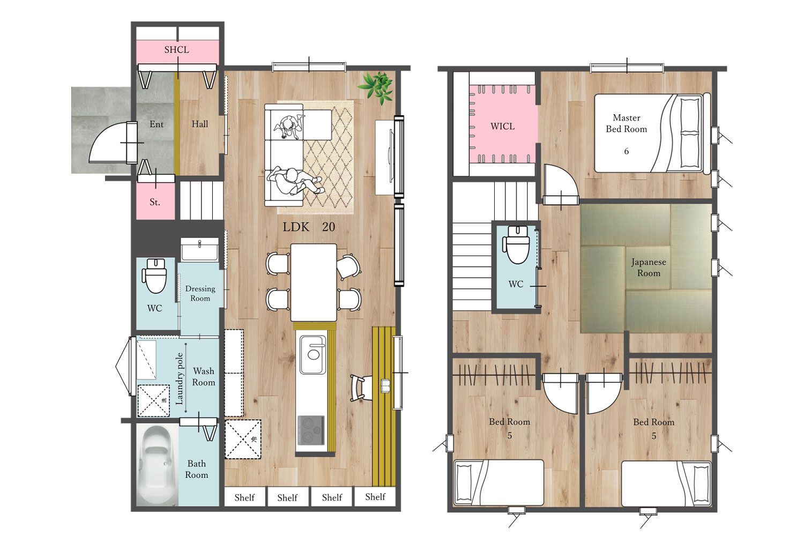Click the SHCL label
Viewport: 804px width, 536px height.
[176, 49]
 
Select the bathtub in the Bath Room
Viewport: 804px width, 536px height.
[157, 465]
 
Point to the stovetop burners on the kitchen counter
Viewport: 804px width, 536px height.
[311, 430]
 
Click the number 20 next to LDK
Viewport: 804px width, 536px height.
[329, 227]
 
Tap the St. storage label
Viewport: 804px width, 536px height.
[155, 202]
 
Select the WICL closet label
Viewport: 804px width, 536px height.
[503, 126]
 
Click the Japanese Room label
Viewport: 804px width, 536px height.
[649, 267]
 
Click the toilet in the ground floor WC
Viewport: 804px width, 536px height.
[155, 276]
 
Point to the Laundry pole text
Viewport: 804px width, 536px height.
[180, 379]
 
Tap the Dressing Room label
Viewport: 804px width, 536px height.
[200, 293]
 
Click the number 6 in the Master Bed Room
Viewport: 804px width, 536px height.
[627, 151]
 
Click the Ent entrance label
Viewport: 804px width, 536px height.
[157, 124]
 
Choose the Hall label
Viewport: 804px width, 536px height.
[199, 124]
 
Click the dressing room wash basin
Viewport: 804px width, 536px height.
[199, 249]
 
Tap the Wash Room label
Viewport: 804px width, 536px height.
[204, 376]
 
